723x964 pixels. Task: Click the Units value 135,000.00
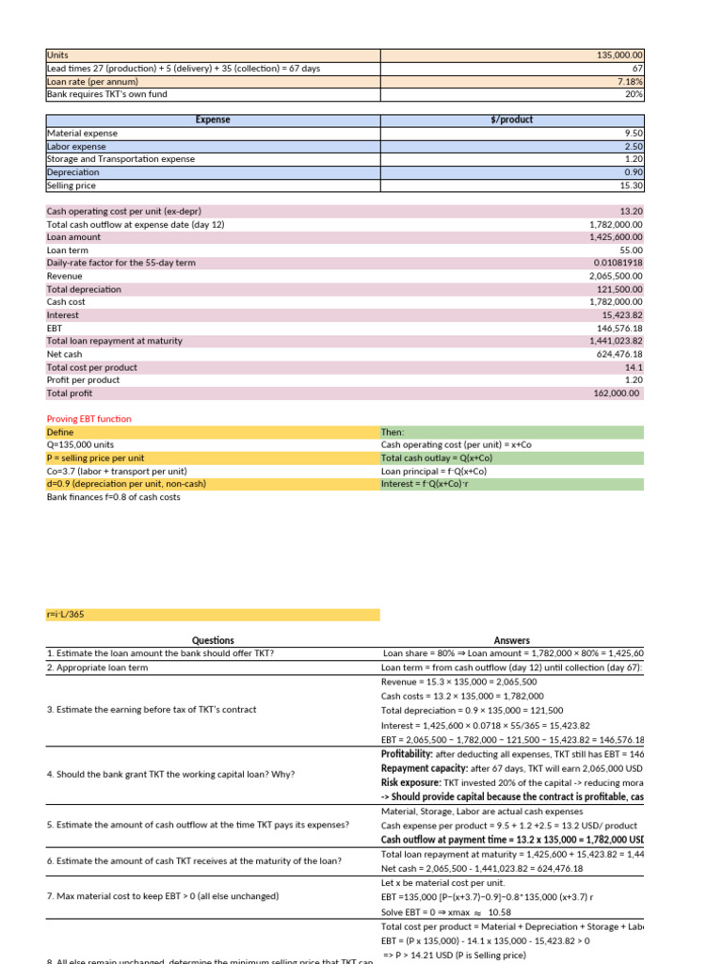pyautogui.click(x=619, y=56)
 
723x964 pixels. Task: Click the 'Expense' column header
pyautogui.click(x=213, y=120)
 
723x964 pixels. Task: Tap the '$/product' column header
pyautogui.click(x=511, y=120)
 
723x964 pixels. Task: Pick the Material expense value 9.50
pyautogui.click(x=634, y=134)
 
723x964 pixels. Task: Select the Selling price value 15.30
pyautogui.click(x=632, y=185)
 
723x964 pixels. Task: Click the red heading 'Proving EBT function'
pyautogui.click(x=89, y=419)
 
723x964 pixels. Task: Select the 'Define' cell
pyautogui.click(x=60, y=432)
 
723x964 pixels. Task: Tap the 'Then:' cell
pyautogui.click(x=393, y=432)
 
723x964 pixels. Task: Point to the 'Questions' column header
pyautogui.click(x=213, y=640)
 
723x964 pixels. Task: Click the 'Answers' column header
pyautogui.click(x=511, y=640)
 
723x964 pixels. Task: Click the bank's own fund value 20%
pyautogui.click(x=634, y=94)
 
